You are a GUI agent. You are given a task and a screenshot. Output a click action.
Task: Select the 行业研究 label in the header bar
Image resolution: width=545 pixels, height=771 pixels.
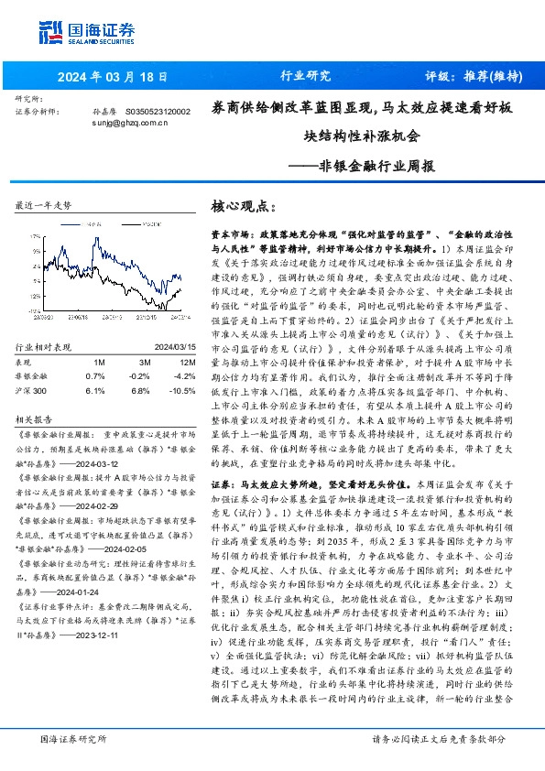click(x=305, y=76)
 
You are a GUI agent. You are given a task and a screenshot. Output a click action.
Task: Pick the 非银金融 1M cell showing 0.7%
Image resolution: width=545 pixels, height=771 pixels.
click(x=95, y=350)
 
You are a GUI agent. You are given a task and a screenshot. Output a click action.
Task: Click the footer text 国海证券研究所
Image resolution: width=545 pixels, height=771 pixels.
click(x=72, y=738)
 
